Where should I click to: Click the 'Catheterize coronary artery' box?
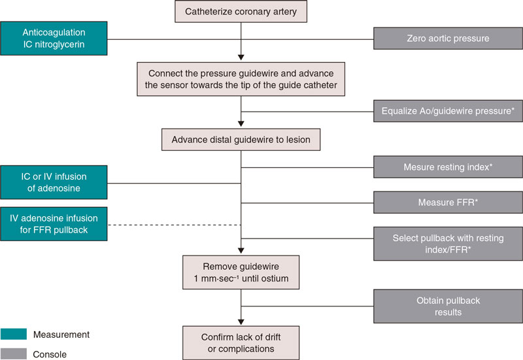241,11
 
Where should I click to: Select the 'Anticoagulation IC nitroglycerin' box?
52,39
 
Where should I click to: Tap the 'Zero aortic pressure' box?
448,39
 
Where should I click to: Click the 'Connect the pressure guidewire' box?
241,78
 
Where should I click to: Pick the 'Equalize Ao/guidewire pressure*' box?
448,112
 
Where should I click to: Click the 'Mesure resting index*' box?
448,167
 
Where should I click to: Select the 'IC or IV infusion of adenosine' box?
52,182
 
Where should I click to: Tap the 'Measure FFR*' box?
448,203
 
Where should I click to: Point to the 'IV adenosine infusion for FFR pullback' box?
52,225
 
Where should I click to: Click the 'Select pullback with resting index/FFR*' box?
448,244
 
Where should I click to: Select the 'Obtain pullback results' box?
448,306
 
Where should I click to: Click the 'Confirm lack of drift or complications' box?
241,342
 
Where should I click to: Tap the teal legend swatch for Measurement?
13,335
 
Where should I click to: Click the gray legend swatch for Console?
13,354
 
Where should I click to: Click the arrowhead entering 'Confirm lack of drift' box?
241,320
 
